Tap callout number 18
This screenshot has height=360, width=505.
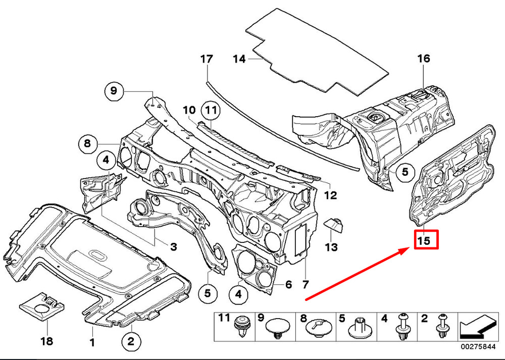47,341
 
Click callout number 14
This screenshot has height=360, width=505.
239,59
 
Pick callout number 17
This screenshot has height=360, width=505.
207,59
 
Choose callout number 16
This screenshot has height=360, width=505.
424,58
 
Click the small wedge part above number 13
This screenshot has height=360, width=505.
333,225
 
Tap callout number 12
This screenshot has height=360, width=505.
331,195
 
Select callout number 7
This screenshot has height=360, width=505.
306,284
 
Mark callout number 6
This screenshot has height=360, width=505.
288,284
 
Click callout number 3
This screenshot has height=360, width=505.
174,247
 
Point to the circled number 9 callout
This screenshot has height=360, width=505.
114,91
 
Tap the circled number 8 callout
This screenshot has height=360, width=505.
87,143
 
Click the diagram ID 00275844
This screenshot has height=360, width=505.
478,347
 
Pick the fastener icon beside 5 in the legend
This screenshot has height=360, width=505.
359,329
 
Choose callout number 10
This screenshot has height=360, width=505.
189,110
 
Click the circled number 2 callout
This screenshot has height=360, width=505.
131,341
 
